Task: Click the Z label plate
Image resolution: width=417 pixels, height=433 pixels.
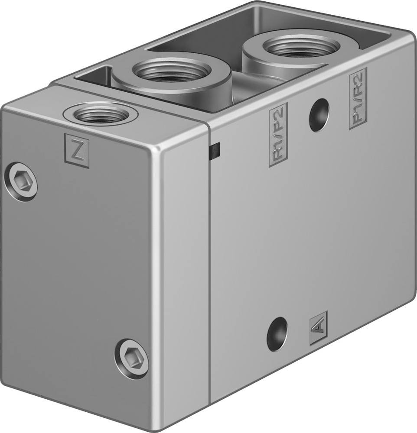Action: point(77,150)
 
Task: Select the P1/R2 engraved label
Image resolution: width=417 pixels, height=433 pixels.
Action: point(358,98)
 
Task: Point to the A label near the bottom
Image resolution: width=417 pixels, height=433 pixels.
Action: point(318,328)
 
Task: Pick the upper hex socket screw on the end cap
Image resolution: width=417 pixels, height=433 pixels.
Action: point(21,181)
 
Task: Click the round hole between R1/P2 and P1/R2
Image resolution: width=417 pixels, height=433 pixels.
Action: point(319,115)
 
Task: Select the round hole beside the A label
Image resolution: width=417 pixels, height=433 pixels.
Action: point(277,334)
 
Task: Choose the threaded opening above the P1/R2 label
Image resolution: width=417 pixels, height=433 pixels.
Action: point(302,45)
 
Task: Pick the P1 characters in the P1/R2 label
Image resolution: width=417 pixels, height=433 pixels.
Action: point(358,114)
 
